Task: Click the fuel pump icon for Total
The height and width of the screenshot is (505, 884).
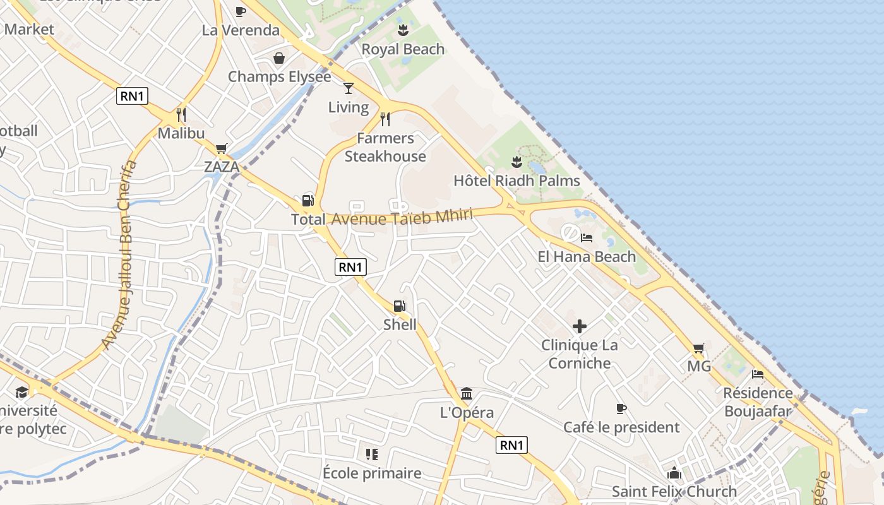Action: tap(308, 201)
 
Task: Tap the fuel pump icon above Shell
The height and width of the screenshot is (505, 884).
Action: tap(400, 306)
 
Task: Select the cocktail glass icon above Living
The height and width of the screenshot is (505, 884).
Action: tap(348, 88)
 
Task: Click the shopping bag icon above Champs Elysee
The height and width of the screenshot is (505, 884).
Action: tap(279, 58)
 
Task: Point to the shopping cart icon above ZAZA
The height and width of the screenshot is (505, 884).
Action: tap(221, 149)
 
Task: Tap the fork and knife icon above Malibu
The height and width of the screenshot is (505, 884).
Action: tap(181, 114)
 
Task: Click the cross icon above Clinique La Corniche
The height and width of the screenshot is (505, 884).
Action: tap(579, 326)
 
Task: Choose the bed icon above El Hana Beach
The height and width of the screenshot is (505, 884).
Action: tap(587, 238)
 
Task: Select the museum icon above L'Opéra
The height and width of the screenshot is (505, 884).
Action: tap(467, 394)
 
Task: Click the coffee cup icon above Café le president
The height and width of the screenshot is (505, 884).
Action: tap(621, 408)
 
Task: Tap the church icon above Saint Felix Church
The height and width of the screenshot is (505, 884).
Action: tap(674, 473)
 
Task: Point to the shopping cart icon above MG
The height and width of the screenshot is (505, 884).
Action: tap(698, 348)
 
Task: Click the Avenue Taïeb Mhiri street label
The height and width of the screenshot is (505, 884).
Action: tap(402, 217)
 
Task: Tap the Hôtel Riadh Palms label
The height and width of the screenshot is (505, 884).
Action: tap(517, 181)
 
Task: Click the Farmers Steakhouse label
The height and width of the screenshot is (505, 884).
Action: tap(385, 147)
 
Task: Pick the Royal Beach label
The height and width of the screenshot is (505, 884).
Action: tap(403, 49)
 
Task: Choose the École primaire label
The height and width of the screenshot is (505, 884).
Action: tap(372, 473)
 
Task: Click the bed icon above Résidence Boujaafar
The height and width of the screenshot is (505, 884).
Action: tap(758, 374)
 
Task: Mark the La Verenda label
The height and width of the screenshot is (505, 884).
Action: tap(241, 30)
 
